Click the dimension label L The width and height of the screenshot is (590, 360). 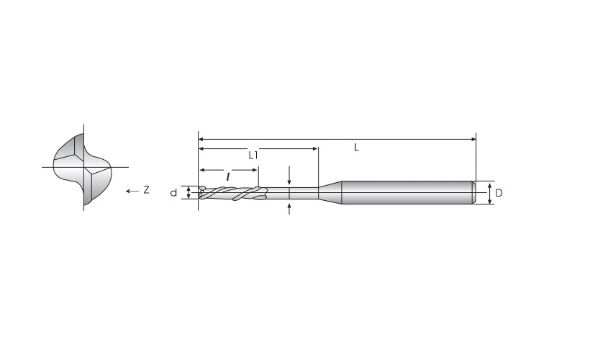[356, 148]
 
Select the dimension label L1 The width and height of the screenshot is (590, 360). [253, 155]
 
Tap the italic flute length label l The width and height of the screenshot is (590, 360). [228, 176]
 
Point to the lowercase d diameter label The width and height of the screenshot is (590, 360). [173, 193]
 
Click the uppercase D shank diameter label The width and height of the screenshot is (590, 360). [499, 193]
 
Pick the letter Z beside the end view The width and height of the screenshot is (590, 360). [146, 190]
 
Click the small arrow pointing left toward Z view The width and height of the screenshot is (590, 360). [132, 192]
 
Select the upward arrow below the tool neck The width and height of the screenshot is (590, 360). [289, 209]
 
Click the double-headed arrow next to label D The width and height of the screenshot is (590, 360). [489, 194]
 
